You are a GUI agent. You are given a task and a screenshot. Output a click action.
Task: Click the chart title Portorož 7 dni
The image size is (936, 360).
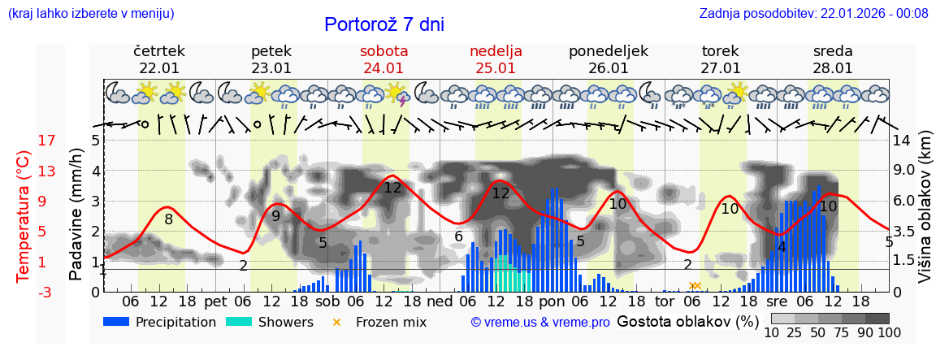384,24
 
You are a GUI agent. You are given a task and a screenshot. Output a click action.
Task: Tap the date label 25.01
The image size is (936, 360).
496,68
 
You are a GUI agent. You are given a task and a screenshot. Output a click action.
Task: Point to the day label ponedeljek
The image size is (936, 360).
608,51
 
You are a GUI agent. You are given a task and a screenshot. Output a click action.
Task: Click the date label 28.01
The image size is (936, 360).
833,68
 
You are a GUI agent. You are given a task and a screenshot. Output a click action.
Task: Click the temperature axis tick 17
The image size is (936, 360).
24,141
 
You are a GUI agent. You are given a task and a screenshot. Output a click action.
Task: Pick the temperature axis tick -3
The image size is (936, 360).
24,293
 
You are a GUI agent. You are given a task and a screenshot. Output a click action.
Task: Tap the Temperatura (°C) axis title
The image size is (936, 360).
24,216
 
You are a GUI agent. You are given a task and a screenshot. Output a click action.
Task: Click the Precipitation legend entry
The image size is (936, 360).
160,322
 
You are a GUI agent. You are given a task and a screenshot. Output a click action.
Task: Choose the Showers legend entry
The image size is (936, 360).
269,322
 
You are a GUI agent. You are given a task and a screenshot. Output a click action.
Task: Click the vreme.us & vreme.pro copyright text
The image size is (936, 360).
540,323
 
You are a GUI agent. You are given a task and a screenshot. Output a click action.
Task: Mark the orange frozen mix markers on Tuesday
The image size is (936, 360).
695,285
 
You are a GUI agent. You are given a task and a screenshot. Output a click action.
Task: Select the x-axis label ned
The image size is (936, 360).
440,301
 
